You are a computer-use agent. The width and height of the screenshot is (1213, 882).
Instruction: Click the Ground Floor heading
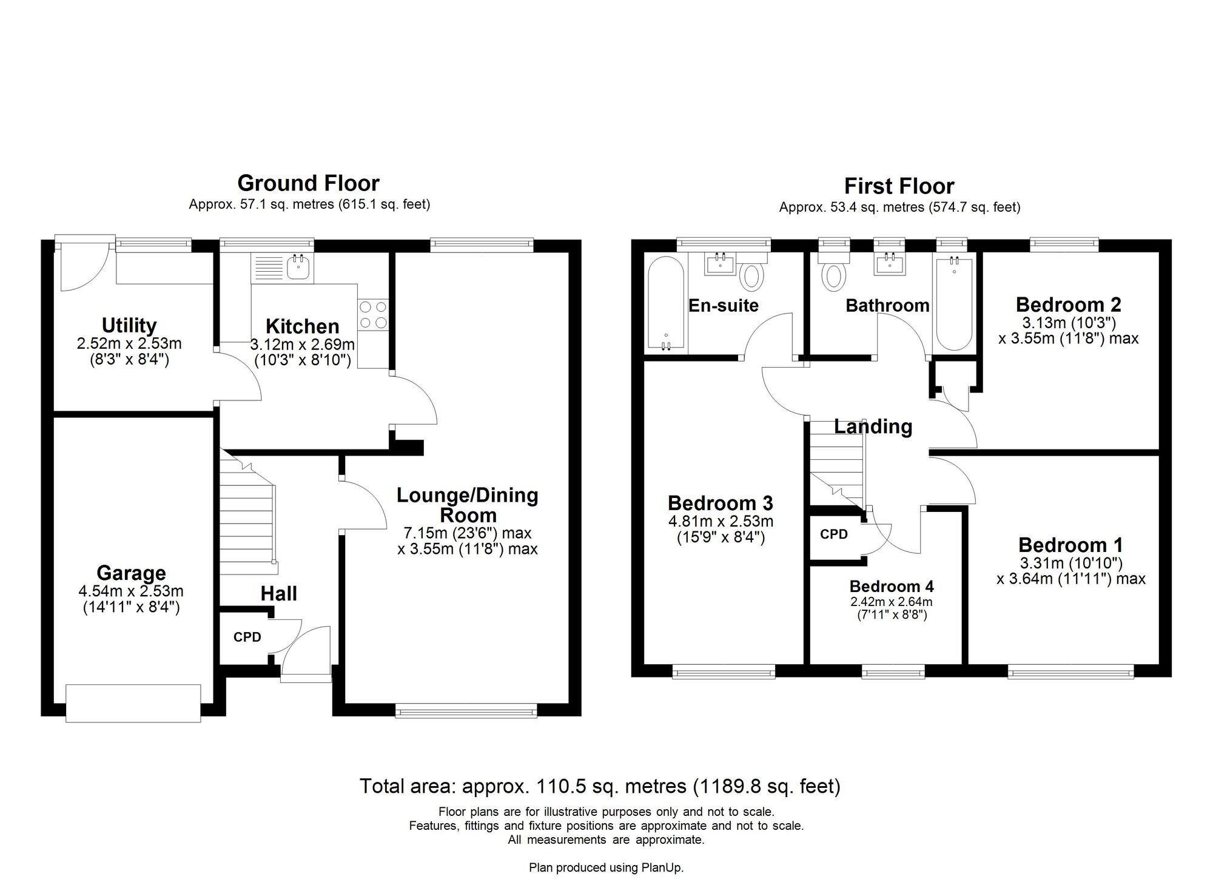pos(308,183)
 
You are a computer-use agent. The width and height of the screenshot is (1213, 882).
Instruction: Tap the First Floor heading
pos(899,186)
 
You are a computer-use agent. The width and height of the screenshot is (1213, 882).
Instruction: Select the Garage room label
pos(131,573)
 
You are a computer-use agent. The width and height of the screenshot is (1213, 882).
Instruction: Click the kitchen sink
pos(298,266)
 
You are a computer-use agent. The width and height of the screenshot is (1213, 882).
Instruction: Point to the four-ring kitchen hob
pos(373,315)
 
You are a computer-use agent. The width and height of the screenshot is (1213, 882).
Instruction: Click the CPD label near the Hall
pos(247,637)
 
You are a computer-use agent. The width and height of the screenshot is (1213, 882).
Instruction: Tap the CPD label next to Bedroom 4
pos(833,534)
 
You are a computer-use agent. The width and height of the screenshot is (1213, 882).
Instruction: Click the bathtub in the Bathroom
pos(954,303)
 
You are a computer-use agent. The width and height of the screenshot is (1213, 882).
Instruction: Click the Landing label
pos(873,426)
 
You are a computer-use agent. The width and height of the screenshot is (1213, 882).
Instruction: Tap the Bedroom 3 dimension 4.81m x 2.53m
pos(721,521)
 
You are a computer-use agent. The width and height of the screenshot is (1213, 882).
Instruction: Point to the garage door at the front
pos(133,703)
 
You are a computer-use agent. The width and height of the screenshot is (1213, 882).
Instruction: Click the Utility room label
pos(129,326)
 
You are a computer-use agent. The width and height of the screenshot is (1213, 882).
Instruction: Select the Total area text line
pos(600,786)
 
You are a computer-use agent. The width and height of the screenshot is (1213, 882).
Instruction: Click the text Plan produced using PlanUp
pos(606,867)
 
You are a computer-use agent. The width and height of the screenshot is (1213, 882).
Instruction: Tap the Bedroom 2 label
pos(1068,304)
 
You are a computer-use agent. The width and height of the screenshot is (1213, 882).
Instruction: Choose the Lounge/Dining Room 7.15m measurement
pos(467,533)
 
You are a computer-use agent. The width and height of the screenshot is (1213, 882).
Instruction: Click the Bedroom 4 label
pos(891,587)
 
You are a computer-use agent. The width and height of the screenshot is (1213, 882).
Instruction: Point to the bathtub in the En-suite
pos(666,303)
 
